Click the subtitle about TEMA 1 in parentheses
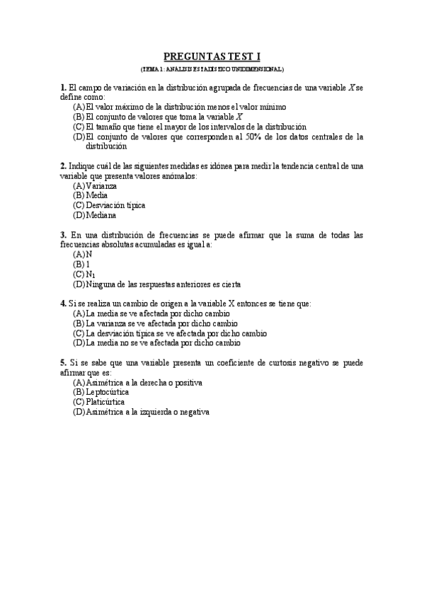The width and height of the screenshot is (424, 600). pos(212,69)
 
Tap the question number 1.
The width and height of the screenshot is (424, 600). pos(63,87)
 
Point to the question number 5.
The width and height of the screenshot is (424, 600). pos(63,363)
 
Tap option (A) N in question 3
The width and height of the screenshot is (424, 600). pos(89,254)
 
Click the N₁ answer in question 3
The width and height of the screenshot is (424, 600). pos(90,274)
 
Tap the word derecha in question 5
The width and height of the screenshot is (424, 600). pos(163,382)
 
